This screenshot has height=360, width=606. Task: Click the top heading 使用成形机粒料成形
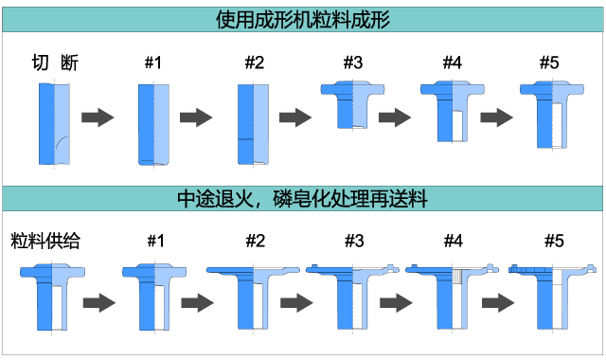pyautogui.click(x=303, y=19)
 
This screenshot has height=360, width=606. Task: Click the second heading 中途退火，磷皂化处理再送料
pyautogui.click(x=302, y=199)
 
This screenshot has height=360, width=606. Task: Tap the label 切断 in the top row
pyautogui.click(x=55, y=63)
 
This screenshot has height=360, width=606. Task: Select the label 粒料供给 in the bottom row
pyautogui.click(x=45, y=241)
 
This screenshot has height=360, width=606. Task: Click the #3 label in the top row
pyautogui.click(x=353, y=63)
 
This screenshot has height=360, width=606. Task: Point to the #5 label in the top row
pyautogui.click(x=549, y=63)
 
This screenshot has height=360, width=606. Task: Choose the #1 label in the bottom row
pyautogui.click(x=155, y=241)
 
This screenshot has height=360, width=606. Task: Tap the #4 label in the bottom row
pyautogui.click(x=454, y=241)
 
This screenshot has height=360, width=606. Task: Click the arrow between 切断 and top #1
pyautogui.click(x=98, y=117)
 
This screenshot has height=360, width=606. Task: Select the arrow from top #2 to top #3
pyautogui.click(x=295, y=117)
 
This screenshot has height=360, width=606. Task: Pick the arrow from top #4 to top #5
pyautogui.click(x=496, y=117)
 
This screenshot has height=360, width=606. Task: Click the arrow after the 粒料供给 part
pyautogui.click(x=99, y=302)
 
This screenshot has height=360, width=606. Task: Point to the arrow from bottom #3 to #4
pyautogui.click(x=396, y=302)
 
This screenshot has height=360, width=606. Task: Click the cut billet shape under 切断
pyautogui.click(x=55, y=124)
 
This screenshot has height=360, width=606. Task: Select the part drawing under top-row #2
pyautogui.click(x=253, y=124)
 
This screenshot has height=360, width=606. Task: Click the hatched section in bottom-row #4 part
pyautogui.click(x=457, y=276)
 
